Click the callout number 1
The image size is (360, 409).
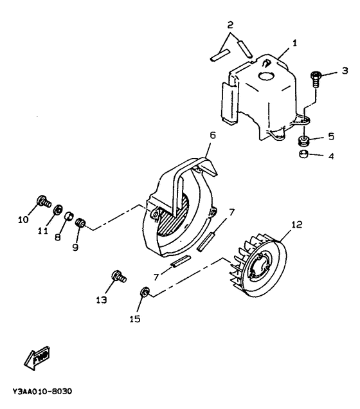pos(294,43)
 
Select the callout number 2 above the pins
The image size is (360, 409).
pos(230,25)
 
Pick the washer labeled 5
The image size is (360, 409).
pos(305,140)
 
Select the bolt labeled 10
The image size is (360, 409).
pos(43,200)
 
